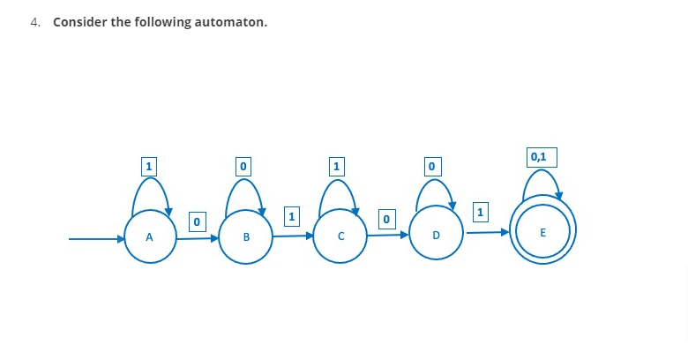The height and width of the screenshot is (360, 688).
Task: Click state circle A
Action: [150, 236]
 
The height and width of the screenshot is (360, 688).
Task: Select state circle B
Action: [245, 236]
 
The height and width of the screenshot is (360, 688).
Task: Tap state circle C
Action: [340, 236]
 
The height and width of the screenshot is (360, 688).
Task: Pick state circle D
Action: [436, 236]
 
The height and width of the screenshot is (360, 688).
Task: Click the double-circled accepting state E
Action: [542, 232]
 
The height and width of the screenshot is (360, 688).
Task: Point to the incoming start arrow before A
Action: [97, 238]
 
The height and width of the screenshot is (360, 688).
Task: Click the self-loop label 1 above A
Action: [149, 165]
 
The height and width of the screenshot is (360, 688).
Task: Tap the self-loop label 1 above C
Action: [335, 165]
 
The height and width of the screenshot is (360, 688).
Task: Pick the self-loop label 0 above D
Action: [430, 165]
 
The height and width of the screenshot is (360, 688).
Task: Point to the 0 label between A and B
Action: [197, 220]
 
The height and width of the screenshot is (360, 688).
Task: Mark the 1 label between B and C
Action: [292, 214]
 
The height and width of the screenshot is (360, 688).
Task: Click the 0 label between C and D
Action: [385, 217]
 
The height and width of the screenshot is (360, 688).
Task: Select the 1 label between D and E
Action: [480, 212]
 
